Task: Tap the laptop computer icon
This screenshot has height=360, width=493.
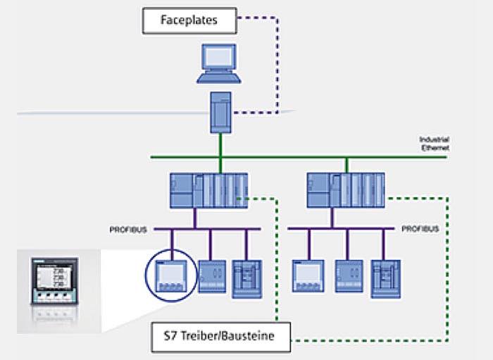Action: click(220, 65)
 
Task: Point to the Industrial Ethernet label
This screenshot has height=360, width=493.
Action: click(434, 144)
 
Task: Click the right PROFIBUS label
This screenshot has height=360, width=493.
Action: click(420, 229)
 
